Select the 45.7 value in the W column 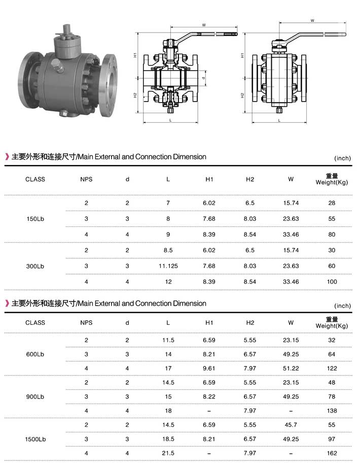click(291, 424)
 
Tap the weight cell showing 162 click(332, 453)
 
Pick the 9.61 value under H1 click(209, 368)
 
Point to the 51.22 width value click(291, 368)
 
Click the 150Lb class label click(35, 219)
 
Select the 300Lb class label click(35, 266)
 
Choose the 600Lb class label click(35, 354)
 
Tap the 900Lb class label click(35, 396)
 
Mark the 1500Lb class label click(35, 439)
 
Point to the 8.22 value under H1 click(209, 396)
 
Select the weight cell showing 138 click(332, 411)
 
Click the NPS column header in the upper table click(86, 179)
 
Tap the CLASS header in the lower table click(35, 323)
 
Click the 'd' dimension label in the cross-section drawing click(203, 79)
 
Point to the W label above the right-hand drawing click(312, 21)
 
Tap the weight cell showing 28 click(332, 203)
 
